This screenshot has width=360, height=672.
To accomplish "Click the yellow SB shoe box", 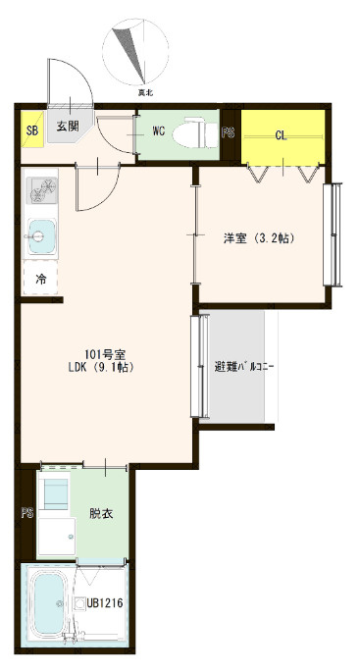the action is [x=32, y=129].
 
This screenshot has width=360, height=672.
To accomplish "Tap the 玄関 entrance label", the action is [x=68, y=126].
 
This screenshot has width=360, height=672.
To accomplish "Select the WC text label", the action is [x=159, y=131].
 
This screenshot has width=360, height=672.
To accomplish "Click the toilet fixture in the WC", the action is [x=195, y=132].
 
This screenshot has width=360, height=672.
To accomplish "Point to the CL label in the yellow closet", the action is [x=282, y=135].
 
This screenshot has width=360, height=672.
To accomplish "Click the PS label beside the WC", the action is [x=229, y=132].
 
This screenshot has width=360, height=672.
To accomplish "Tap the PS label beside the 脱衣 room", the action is [x=27, y=513].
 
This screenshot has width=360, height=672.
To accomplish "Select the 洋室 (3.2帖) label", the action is [x=259, y=237].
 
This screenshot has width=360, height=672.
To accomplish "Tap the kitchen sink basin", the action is [x=41, y=236].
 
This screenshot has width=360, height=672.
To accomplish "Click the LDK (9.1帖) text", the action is [x=98, y=367].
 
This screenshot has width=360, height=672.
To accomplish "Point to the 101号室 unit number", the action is [x=99, y=354].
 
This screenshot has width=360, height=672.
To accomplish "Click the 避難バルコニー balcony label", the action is [x=244, y=367].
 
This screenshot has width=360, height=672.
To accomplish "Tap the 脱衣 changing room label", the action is [x=101, y=513].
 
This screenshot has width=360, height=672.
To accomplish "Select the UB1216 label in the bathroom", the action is [x=105, y=603].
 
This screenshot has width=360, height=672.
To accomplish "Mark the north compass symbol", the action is [x=135, y=51].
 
